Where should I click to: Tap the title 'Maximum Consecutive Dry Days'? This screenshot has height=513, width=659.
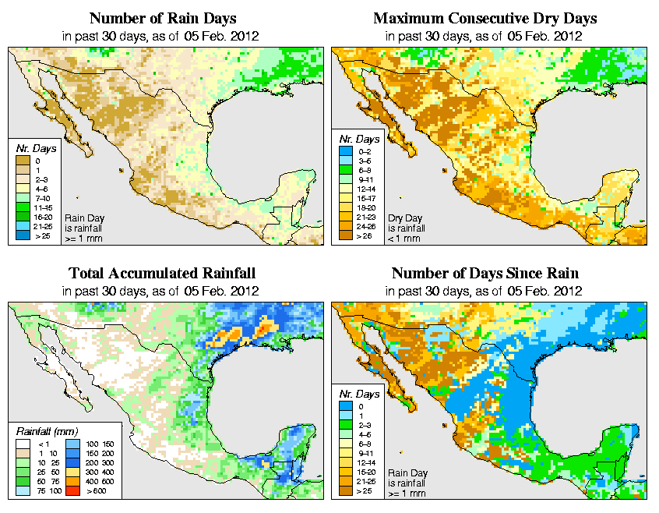click(485, 18)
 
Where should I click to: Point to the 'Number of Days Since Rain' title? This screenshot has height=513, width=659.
click(485, 274)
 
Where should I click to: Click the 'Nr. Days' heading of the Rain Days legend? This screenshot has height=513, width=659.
click(34, 147)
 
